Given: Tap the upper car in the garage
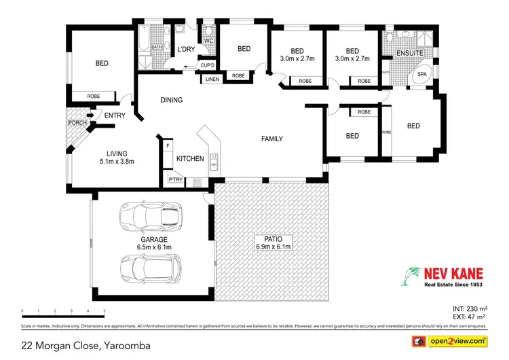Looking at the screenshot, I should click(x=151, y=217).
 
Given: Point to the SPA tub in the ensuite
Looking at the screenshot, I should click(x=421, y=73).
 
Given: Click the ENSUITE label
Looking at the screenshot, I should click(x=410, y=52).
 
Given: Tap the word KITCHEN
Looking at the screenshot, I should click(x=190, y=158).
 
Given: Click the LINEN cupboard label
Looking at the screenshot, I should click(x=211, y=79).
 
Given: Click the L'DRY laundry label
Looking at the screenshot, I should click(x=186, y=50).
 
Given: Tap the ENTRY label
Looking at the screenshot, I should click(x=115, y=115).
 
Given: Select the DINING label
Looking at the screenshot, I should click(x=172, y=100).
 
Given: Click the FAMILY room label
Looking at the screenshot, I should click(x=272, y=139).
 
